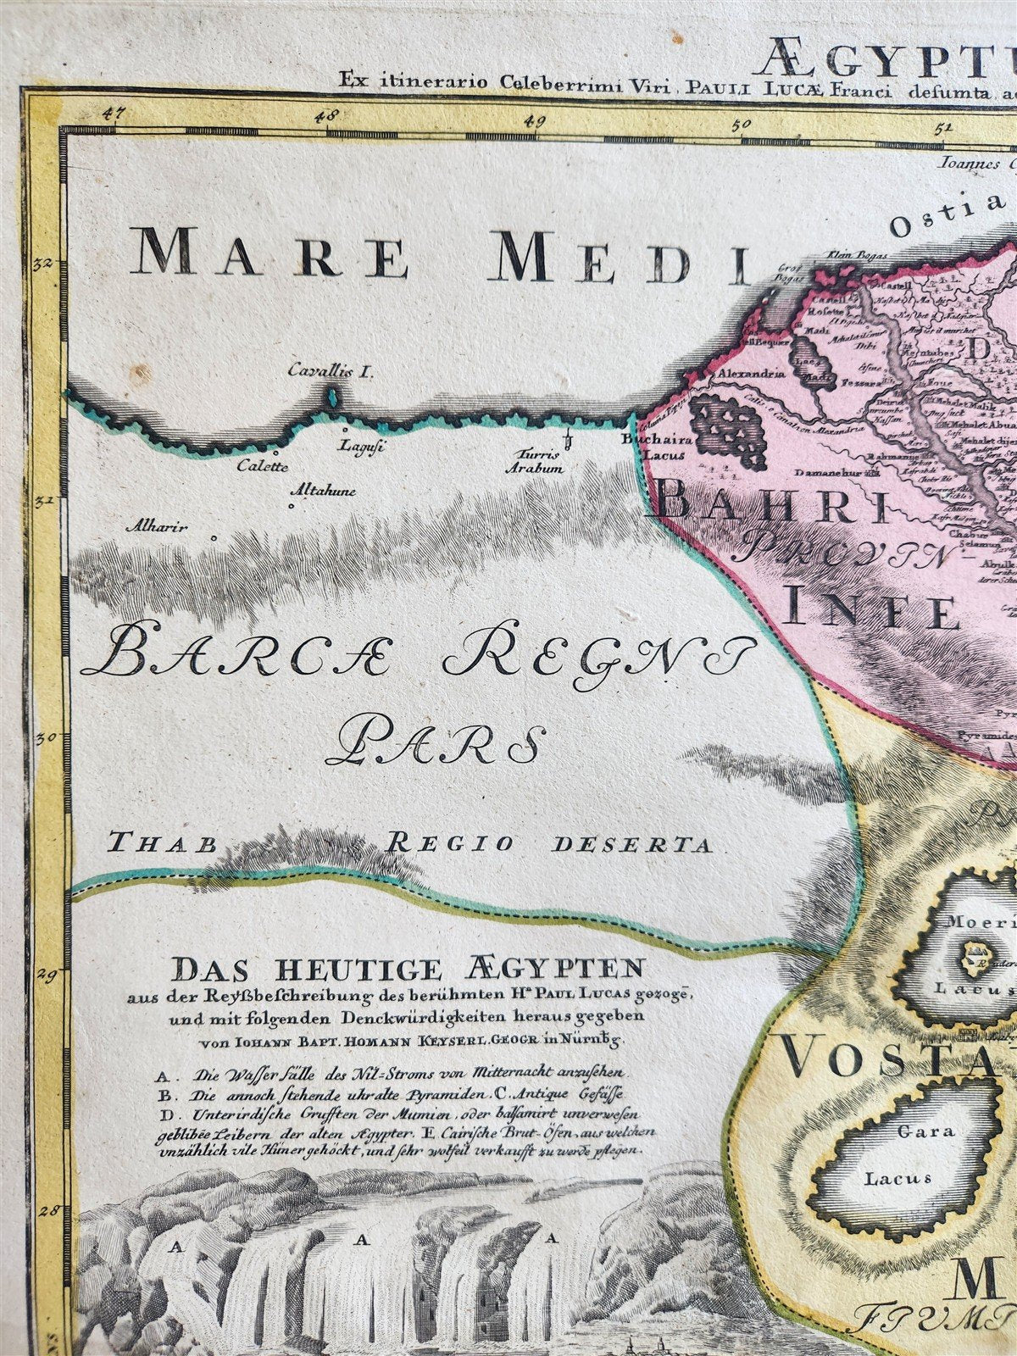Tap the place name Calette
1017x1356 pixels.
263,466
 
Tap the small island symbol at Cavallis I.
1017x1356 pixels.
333,396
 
